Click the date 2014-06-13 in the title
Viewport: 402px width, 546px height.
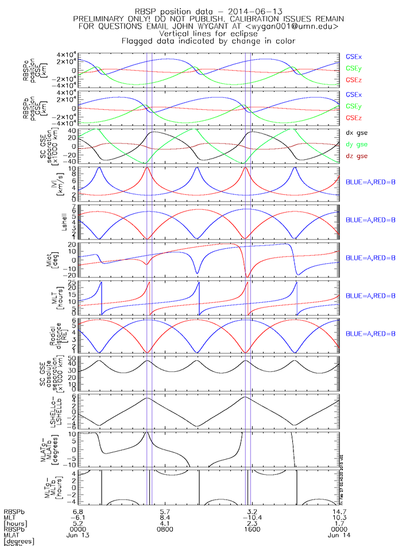click(x=258, y=11)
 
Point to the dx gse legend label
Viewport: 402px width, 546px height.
click(x=356, y=132)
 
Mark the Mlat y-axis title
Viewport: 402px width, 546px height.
click(x=58, y=260)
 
